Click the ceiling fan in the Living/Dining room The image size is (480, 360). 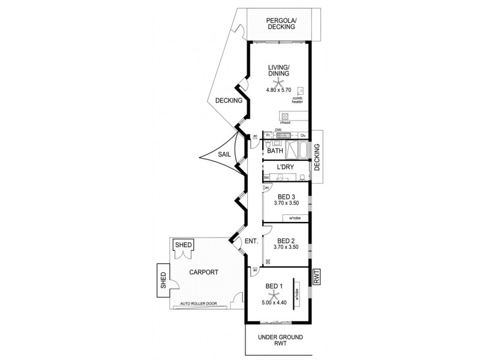(277, 82)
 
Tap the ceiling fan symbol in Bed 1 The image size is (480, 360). (274, 294)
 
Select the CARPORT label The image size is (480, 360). (203, 272)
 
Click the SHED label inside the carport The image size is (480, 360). (182, 245)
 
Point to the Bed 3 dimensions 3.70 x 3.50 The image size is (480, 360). (286, 204)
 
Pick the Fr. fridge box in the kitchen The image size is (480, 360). (268, 136)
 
